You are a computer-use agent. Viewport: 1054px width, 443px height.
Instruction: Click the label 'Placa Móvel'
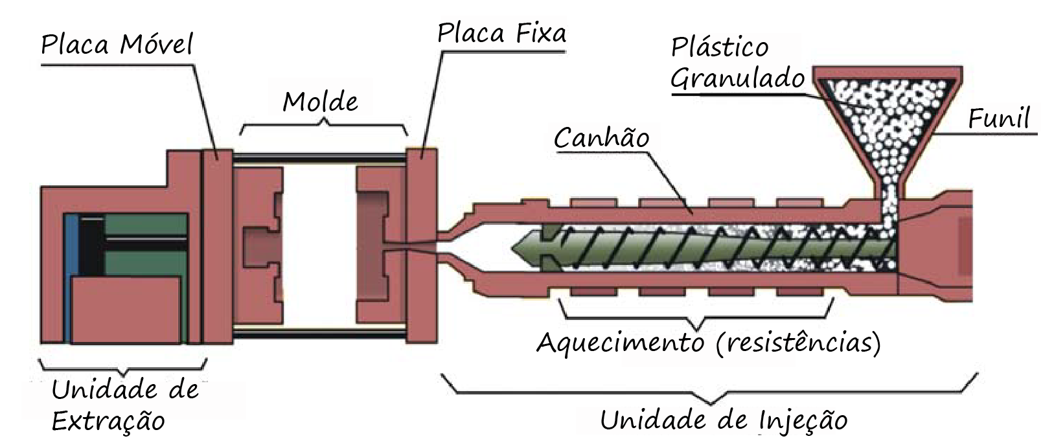point(117,46)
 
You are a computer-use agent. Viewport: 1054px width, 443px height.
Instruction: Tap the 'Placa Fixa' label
point(501,33)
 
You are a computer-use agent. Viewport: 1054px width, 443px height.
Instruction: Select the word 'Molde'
point(320,102)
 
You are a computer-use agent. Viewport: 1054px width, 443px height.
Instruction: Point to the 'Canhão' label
point(602,137)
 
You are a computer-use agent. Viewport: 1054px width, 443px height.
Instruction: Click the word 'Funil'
point(998,119)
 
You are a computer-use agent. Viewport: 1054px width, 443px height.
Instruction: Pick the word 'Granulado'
point(737,79)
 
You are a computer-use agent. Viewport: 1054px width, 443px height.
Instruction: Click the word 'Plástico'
point(719,47)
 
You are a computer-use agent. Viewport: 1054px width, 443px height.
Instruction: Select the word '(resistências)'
point(799,341)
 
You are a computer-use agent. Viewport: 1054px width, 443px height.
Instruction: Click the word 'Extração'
point(108,421)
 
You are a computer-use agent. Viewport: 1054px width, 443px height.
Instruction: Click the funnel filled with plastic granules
point(888,123)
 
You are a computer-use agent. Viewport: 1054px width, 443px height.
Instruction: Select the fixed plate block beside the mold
point(422,246)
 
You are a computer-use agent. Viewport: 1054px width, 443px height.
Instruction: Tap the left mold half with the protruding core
point(259,246)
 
